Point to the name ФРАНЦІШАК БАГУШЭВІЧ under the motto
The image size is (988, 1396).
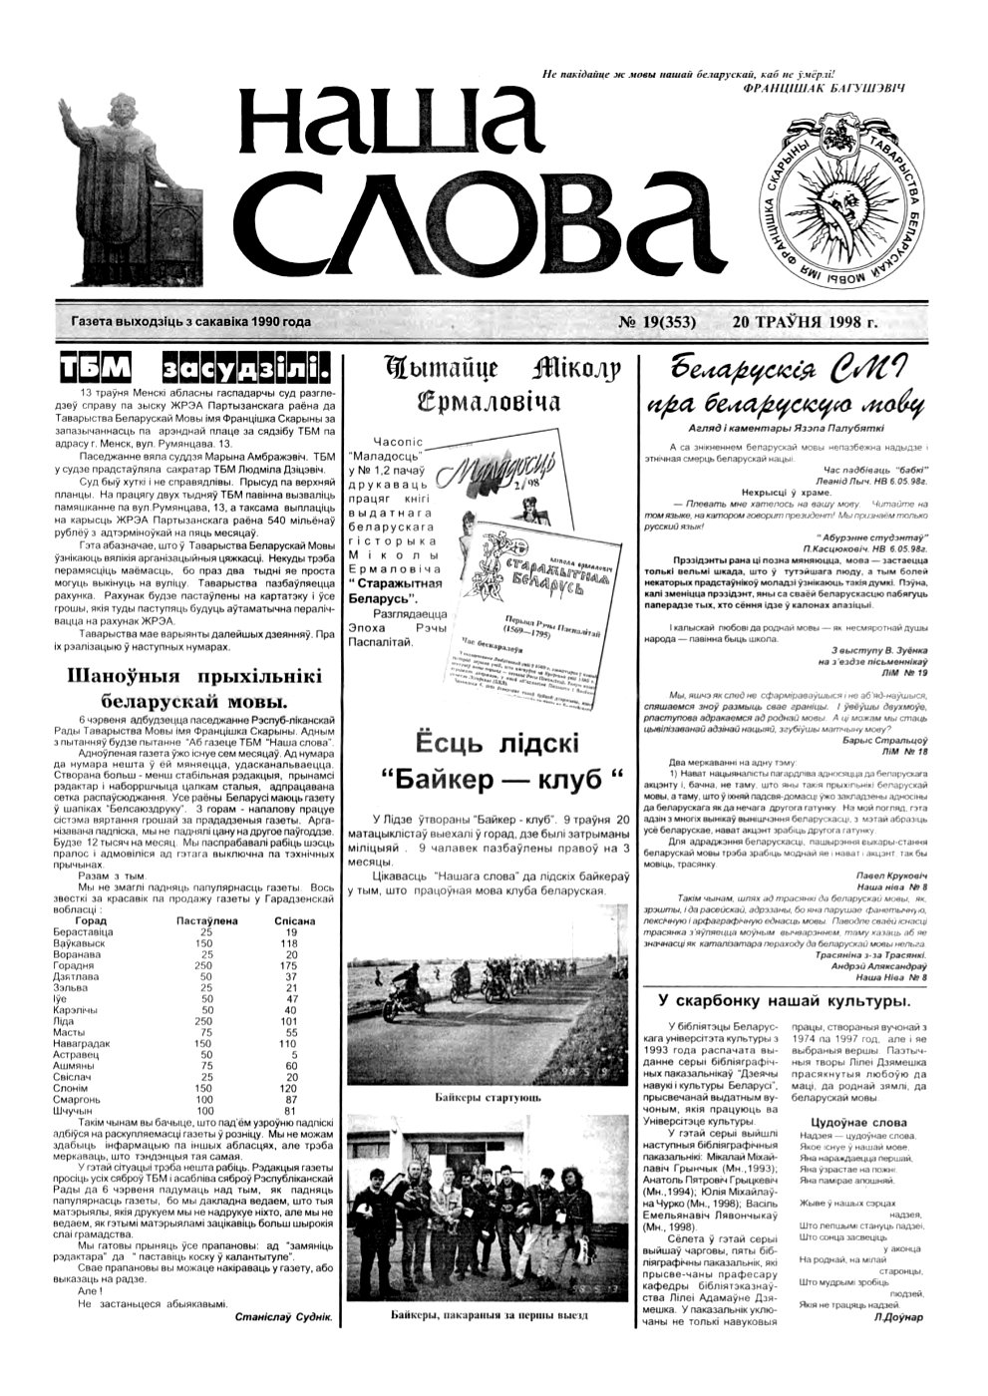tap(824, 88)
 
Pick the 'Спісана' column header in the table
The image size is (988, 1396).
tap(294, 920)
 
